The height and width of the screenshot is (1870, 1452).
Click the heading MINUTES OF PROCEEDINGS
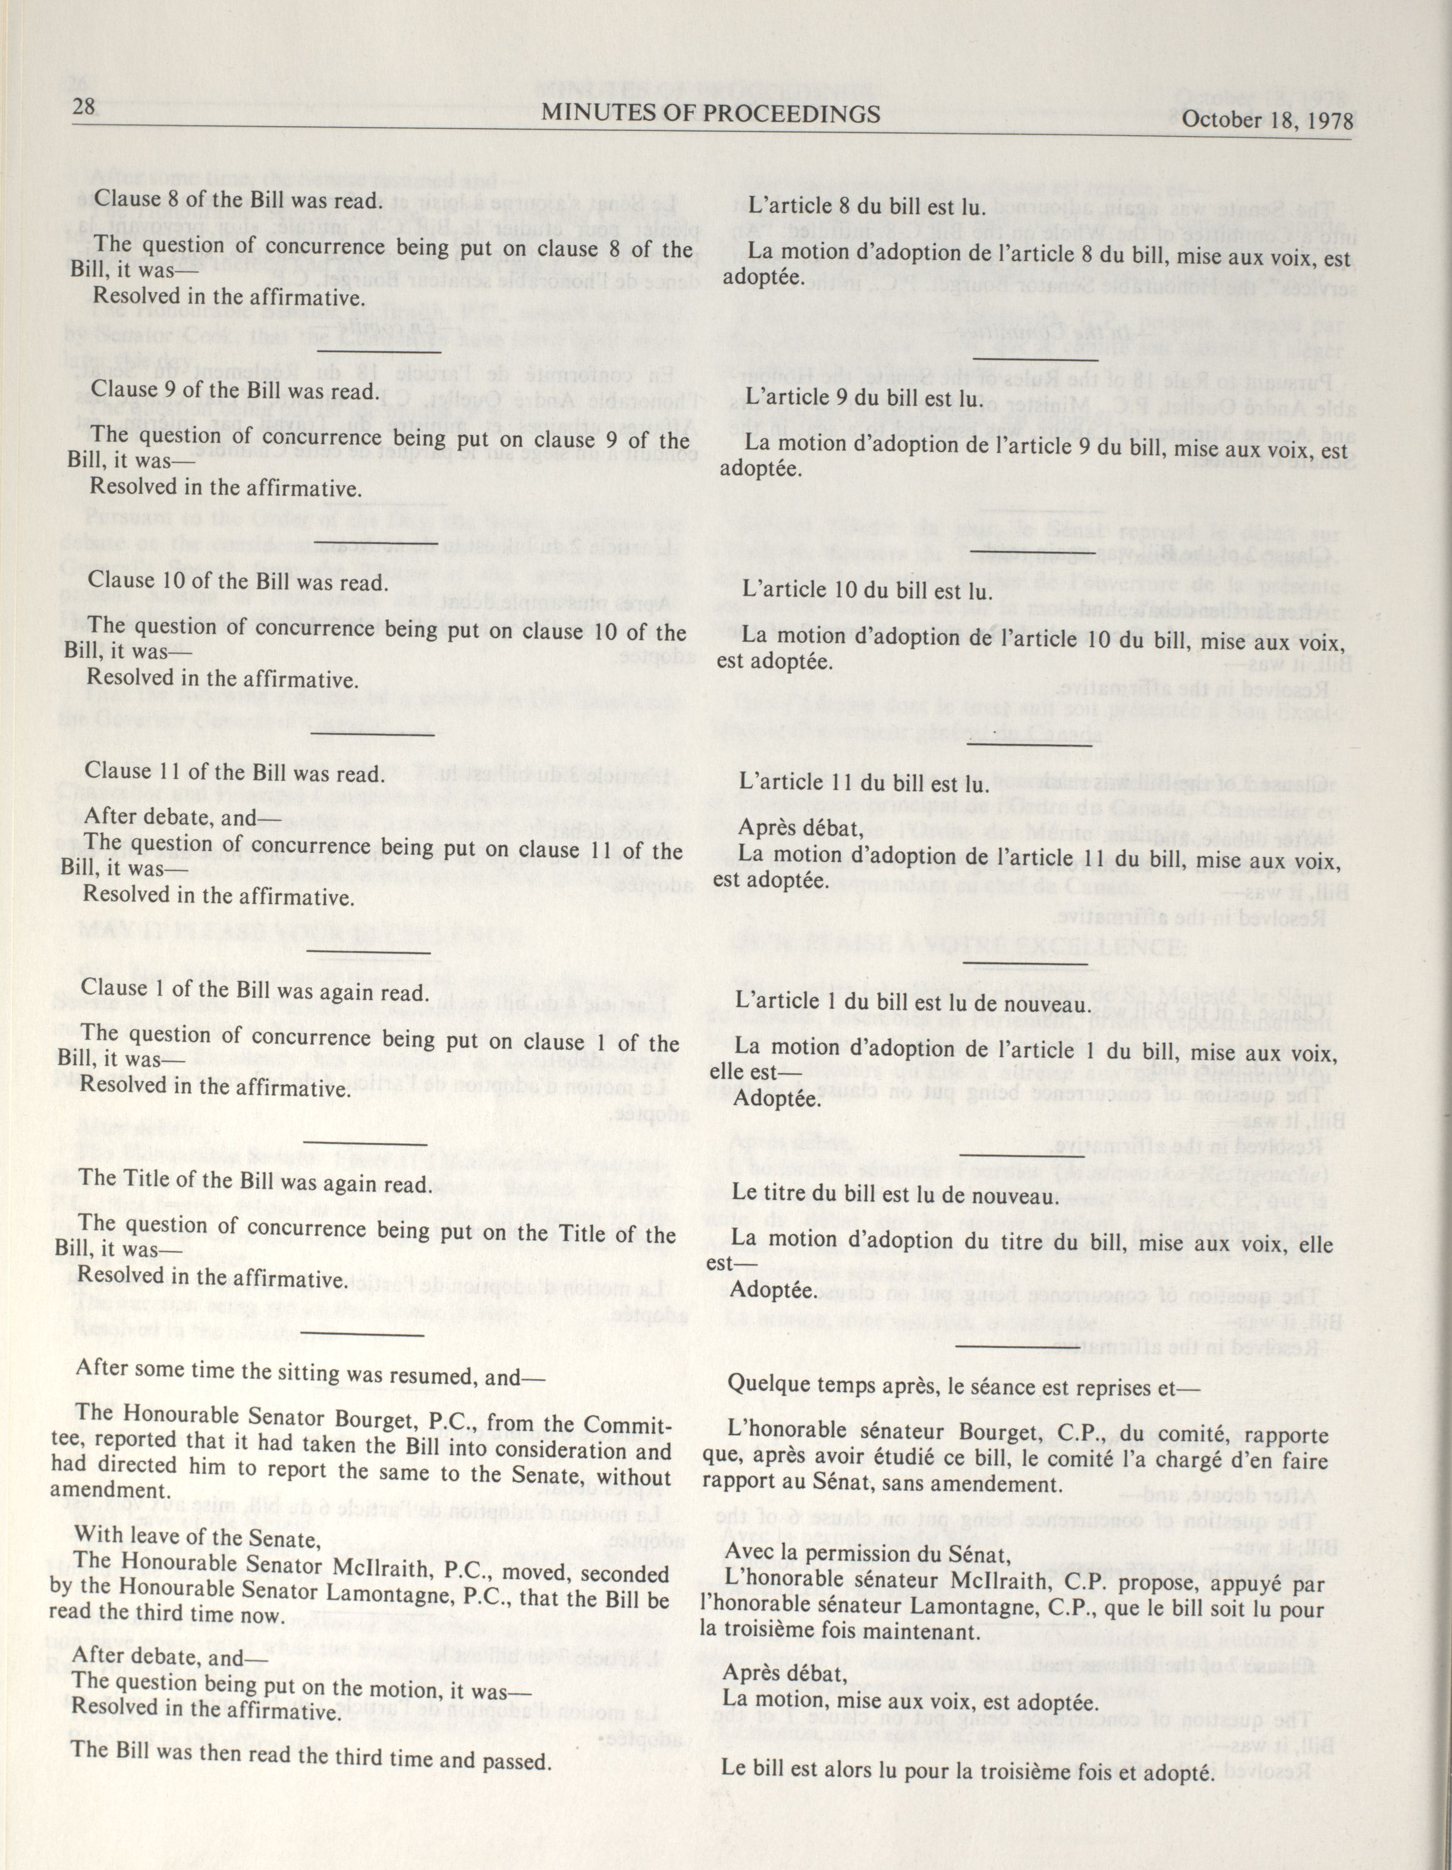[711, 113]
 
